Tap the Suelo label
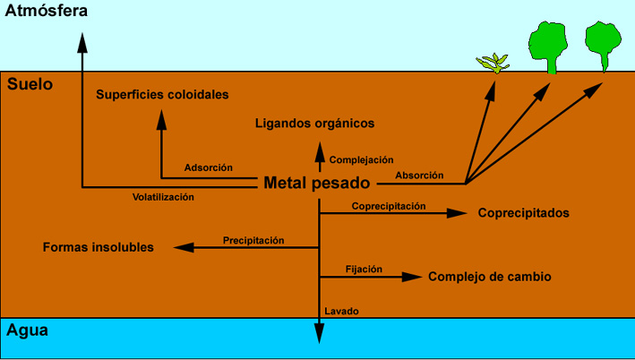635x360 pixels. coord(30,84)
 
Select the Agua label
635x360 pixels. coord(27,330)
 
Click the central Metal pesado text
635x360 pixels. coord(317,184)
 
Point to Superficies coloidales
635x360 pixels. coord(162,94)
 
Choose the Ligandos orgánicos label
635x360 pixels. coord(314,123)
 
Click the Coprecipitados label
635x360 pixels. coord(524,213)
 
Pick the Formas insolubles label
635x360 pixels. coord(98,246)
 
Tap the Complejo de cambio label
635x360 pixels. coord(489,277)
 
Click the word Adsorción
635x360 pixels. coord(209,167)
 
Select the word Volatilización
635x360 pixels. coord(163,197)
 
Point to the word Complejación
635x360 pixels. coord(362,160)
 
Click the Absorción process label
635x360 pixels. coord(419,176)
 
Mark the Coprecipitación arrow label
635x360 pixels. coord(389,206)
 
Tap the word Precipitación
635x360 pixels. coord(253,240)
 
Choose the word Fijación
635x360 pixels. coord(365,269)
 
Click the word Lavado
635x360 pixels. coord(341,312)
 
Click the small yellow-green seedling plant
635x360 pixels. coord(493,63)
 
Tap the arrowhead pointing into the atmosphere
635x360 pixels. coord(82,41)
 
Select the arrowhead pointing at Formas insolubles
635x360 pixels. coord(183,247)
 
